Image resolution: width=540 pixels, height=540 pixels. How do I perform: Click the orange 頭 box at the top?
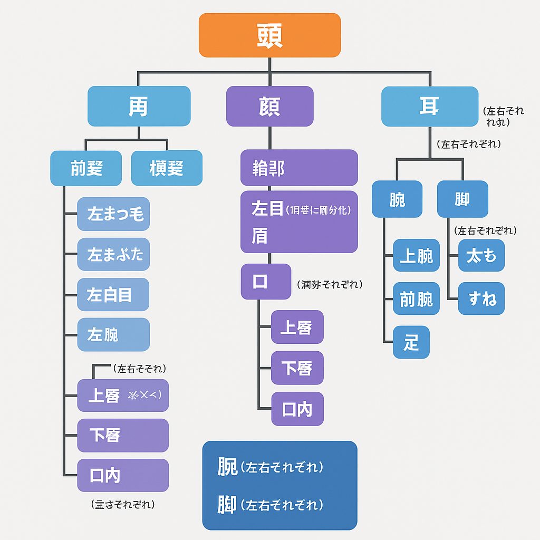click(x=269, y=35)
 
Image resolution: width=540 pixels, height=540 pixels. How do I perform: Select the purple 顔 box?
click(x=269, y=106)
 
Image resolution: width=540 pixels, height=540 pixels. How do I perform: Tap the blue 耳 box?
click(x=429, y=107)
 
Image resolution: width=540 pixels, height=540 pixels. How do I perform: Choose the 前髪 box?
click(x=86, y=168)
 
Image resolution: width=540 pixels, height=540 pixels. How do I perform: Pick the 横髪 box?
click(x=167, y=168)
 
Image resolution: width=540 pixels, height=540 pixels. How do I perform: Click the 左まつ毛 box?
click(x=113, y=214)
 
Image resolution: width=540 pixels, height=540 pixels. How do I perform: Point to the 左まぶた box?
click(x=113, y=255)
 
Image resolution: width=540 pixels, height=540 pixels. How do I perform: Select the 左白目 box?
click(x=113, y=295)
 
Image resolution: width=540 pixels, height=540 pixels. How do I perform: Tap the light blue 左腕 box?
click(x=113, y=335)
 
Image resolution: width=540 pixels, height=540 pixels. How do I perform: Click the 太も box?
click(x=481, y=256)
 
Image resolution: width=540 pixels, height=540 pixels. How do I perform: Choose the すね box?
click(x=481, y=298)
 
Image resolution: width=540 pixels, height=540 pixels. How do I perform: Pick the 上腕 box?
click(x=416, y=256)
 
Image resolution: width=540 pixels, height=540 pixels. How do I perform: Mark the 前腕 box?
click(x=416, y=298)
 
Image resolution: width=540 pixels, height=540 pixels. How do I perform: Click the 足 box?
click(x=411, y=342)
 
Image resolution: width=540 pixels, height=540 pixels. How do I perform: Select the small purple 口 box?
click(x=266, y=282)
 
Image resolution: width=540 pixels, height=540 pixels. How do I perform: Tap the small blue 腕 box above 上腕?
click(x=397, y=199)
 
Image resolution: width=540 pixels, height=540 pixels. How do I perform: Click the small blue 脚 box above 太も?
click(x=462, y=199)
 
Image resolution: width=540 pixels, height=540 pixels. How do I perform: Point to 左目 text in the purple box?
click(x=267, y=209)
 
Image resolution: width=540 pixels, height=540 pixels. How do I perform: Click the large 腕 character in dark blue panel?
click(x=228, y=467)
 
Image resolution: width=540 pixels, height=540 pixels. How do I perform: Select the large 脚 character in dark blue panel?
click(x=228, y=505)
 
